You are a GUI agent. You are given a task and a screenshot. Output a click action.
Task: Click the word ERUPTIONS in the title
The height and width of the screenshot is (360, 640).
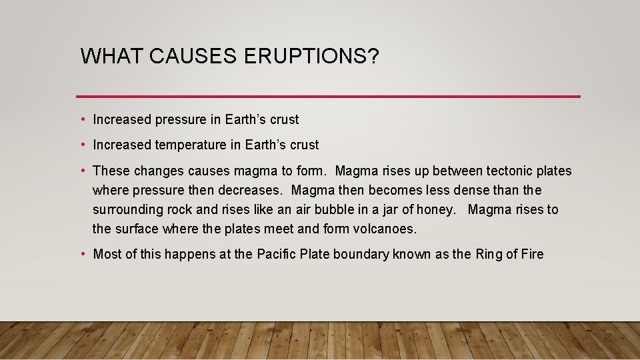click(311, 57)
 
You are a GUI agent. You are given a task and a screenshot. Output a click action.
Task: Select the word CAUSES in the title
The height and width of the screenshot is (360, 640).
click(194, 57)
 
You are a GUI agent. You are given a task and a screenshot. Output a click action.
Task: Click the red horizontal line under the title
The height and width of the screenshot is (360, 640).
click(328, 97)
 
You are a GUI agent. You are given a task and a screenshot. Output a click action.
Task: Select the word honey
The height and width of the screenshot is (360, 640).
click(435, 210)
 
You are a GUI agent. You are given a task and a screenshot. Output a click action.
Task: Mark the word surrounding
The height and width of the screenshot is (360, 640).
click(127, 210)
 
